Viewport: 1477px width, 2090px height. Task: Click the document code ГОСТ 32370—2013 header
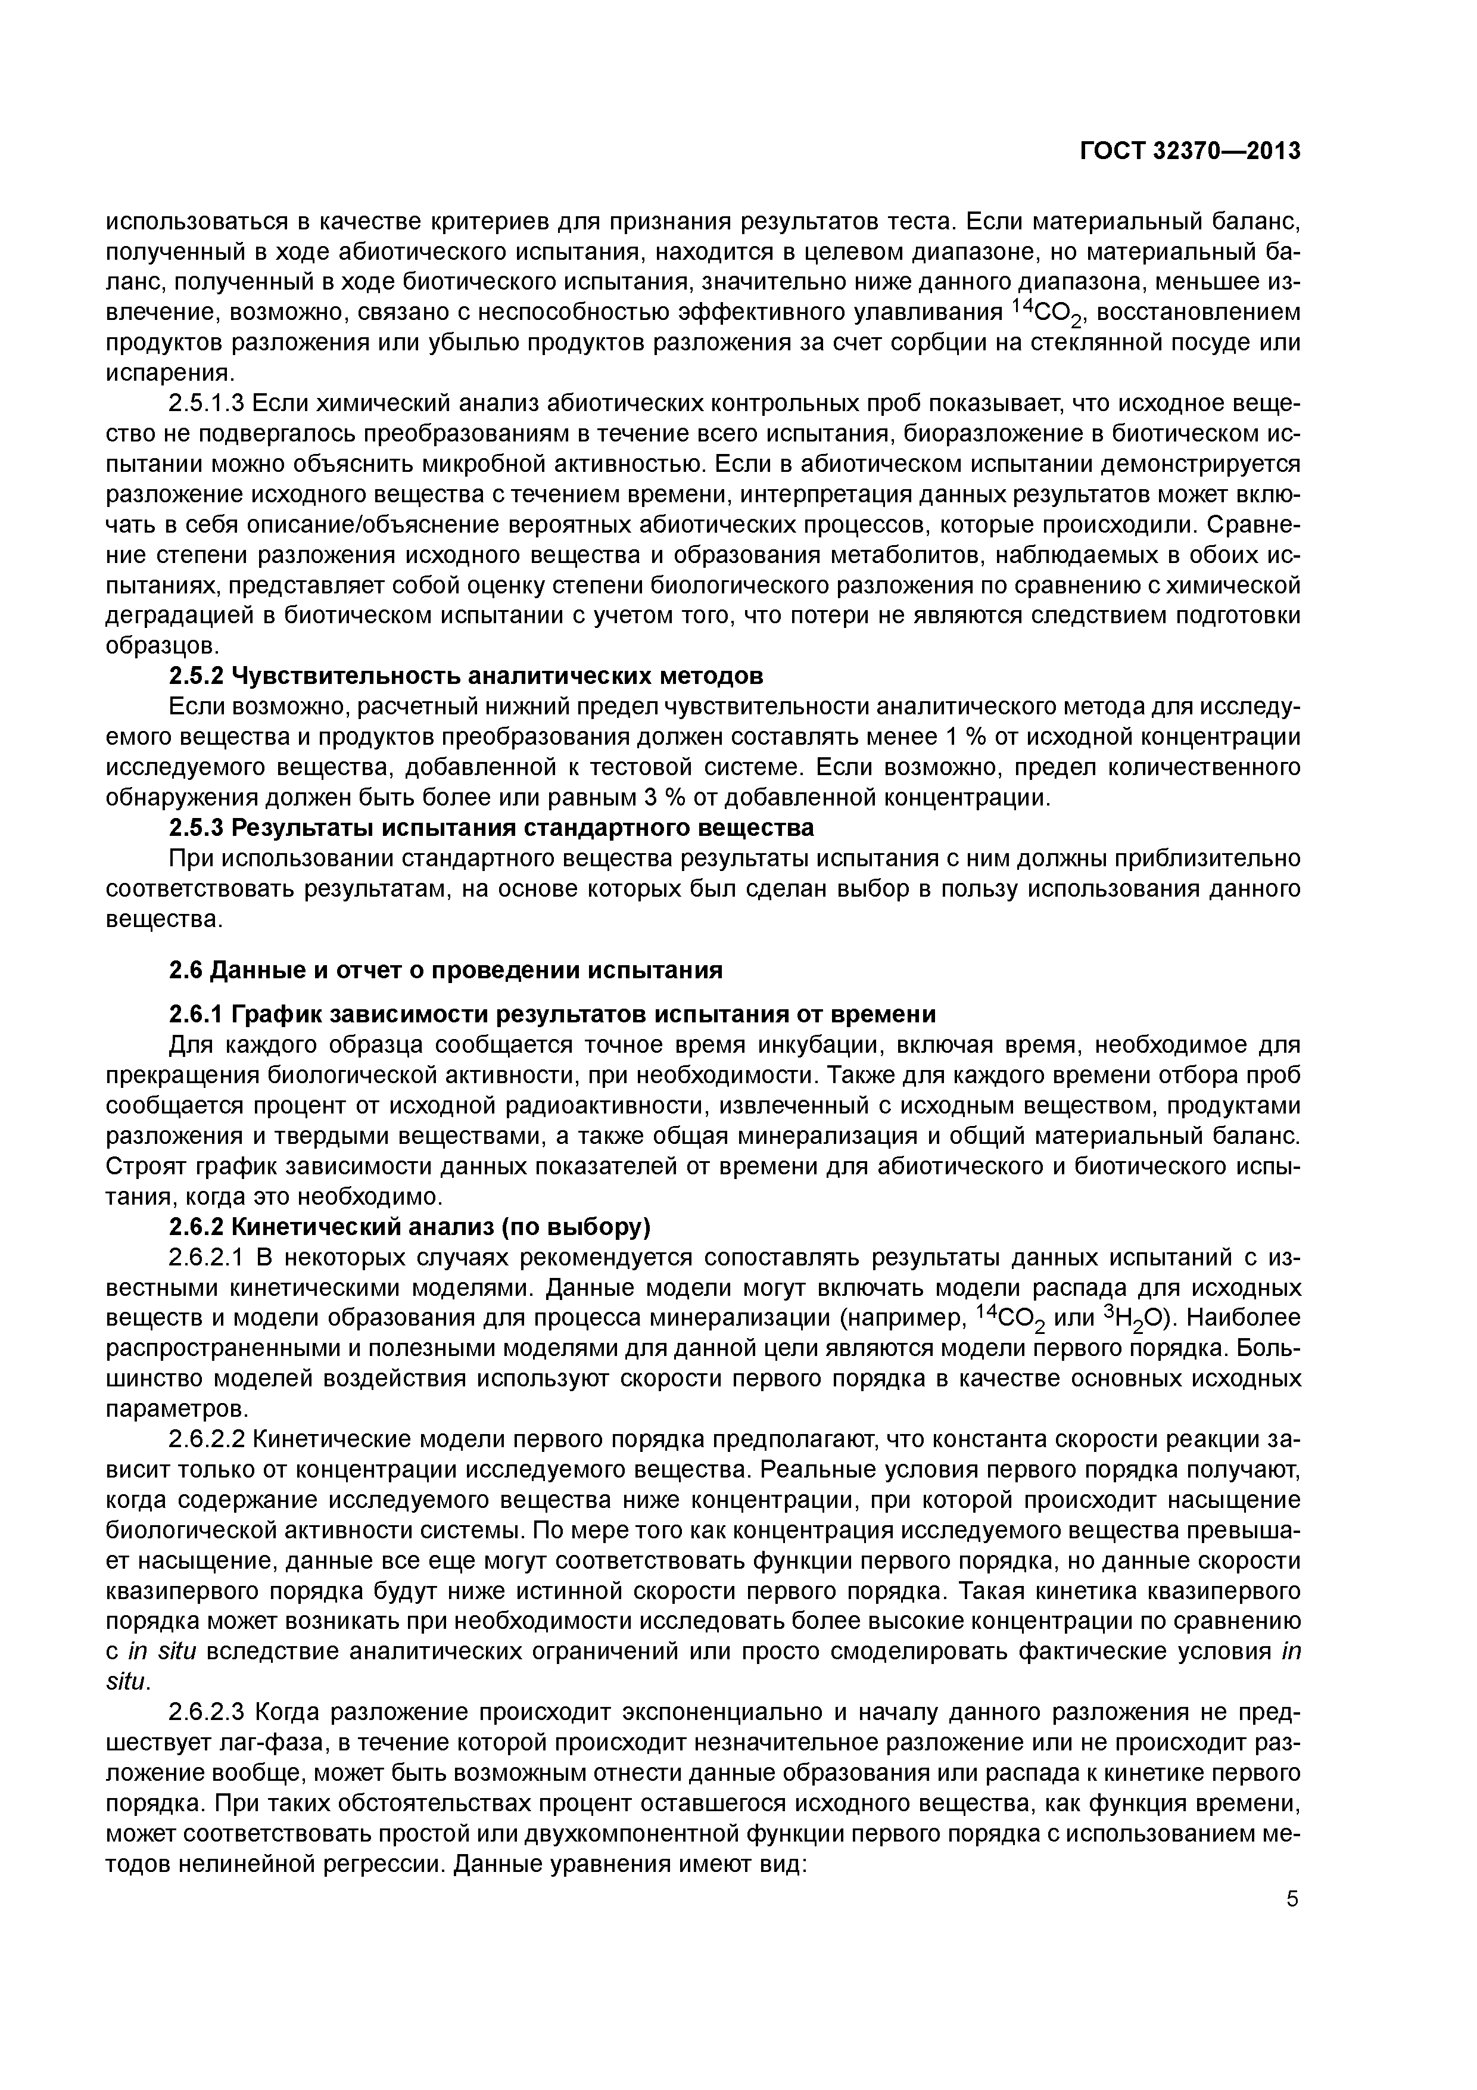pyautogui.click(x=1189, y=151)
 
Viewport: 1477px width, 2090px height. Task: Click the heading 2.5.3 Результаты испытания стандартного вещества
pyautogui.click(x=491, y=828)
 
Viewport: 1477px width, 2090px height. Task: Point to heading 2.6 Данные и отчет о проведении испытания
pyautogui.click(x=446, y=971)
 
